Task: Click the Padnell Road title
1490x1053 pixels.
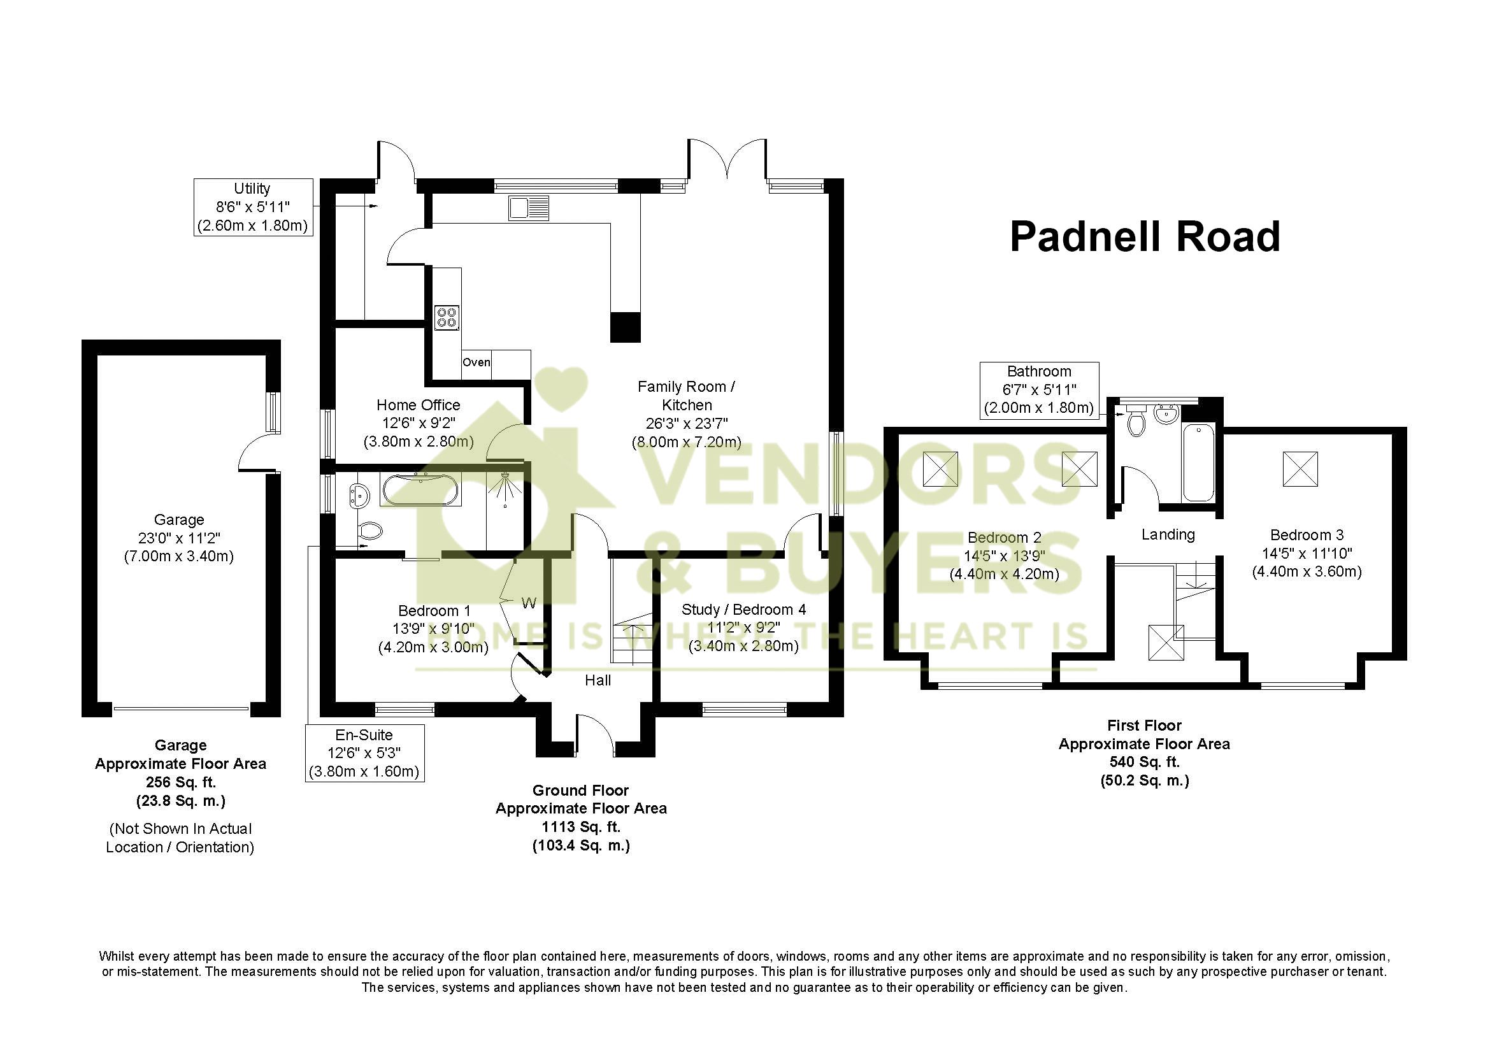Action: (1145, 237)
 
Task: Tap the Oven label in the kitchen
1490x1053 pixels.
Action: (476, 362)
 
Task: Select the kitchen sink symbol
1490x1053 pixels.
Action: (529, 208)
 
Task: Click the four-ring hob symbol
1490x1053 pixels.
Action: (447, 318)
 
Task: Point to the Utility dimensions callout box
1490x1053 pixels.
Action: (252, 207)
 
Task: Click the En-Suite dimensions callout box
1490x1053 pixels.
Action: (364, 753)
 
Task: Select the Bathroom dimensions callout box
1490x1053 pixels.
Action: (1038, 390)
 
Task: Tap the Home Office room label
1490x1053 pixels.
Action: (419, 405)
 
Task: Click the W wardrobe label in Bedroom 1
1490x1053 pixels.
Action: (529, 604)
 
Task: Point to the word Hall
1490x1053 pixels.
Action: (598, 680)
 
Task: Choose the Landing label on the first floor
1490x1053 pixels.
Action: (1168, 534)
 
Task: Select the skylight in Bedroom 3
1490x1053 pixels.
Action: (1301, 468)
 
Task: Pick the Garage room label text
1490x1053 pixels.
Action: (179, 520)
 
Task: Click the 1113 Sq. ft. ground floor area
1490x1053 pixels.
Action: (581, 827)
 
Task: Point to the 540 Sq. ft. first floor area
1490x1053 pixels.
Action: (1144, 763)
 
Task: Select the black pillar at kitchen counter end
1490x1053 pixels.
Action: (626, 327)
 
